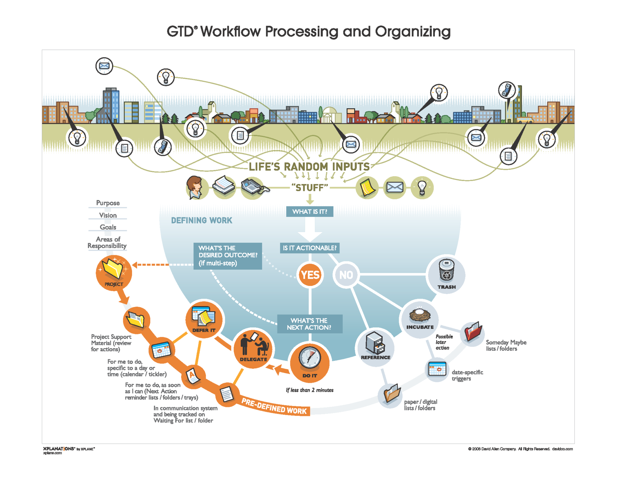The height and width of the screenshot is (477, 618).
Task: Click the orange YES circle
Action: [310, 275]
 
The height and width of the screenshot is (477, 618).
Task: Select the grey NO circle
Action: [346, 275]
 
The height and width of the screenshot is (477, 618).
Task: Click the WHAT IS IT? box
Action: [310, 212]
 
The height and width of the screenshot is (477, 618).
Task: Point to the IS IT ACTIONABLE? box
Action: [310, 248]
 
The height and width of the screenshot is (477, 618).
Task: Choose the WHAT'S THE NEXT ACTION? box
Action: [309, 324]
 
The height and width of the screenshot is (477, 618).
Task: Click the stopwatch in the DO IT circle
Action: [310, 357]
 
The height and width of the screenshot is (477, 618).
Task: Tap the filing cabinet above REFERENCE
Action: [375, 343]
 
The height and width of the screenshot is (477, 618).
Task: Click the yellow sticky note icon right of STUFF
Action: [367, 187]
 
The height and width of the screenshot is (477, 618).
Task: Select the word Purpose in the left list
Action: [108, 203]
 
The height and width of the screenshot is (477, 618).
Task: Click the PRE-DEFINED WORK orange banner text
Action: [274, 406]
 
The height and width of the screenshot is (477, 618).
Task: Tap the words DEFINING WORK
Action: [201, 221]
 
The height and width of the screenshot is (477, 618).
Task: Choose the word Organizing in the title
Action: [413, 32]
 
